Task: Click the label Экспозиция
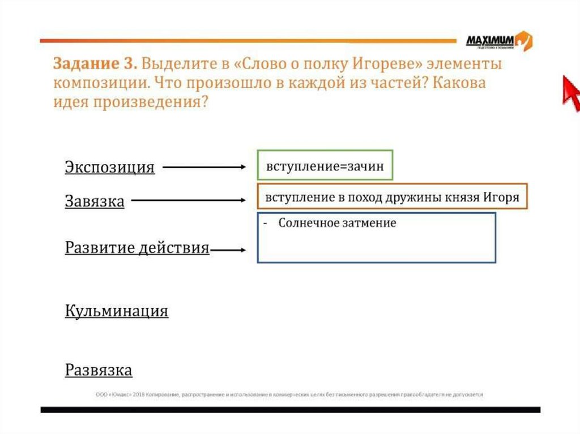coord(109,167)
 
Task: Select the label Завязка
coord(95,201)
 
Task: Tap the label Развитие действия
coord(137,248)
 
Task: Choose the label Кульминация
coord(117,311)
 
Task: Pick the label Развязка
coord(99,370)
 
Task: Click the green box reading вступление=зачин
coord(325,167)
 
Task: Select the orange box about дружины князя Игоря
coord(392,197)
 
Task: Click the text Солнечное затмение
coord(337,223)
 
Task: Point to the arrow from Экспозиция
coord(203,167)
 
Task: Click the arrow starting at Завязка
coord(187,200)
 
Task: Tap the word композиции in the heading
coord(103,83)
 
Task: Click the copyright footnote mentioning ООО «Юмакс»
coord(289,394)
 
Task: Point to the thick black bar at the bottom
coord(290,409)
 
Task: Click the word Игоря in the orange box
coord(501,197)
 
